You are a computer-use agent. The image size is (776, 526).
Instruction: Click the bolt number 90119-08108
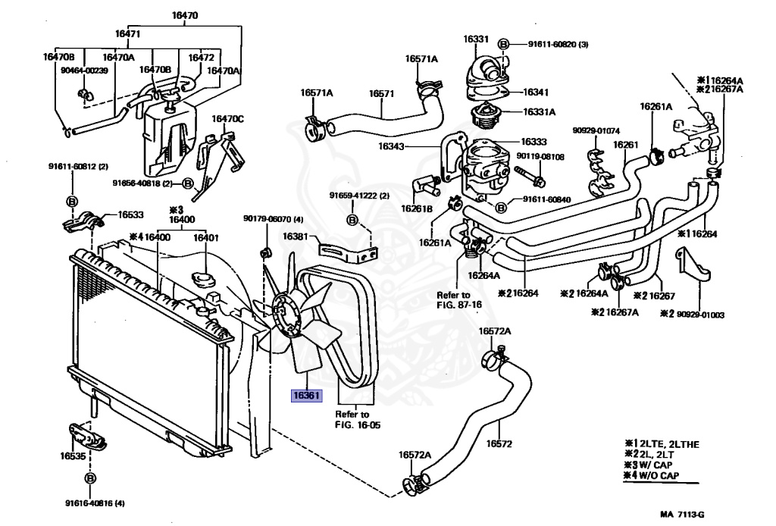pyautogui.click(x=540, y=157)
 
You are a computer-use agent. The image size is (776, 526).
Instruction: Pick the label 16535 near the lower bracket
pyautogui.click(x=74, y=457)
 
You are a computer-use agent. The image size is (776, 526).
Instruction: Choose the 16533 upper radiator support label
pyautogui.click(x=133, y=214)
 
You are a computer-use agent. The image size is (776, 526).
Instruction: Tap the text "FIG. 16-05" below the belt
pyautogui.click(x=358, y=425)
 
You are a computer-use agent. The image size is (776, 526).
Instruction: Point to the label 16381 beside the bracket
pyautogui.click(x=296, y=236)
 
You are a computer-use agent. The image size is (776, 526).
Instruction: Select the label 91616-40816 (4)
pyautogui.click(x=95, y=503)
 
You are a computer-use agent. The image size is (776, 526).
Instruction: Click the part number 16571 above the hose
pyautogui.click(x=382, y=93)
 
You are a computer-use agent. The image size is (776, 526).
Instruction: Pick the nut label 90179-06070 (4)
pyautogui.click(x=273, y=220)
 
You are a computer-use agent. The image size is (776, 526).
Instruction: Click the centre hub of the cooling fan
pyautogui.click(x=286, y=319)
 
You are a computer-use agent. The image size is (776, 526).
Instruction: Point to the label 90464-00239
pyautogui.click(x=84, y=70)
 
